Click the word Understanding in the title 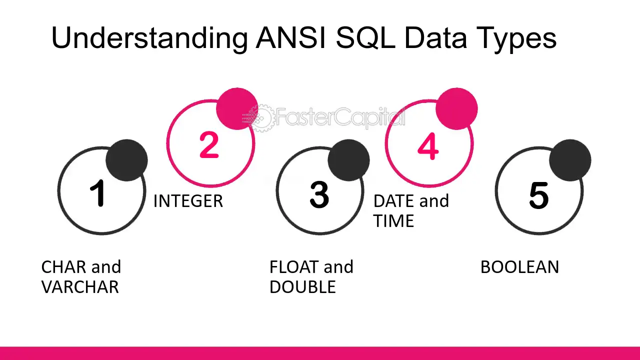pyautogui.click(x=149, y=38)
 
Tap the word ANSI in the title pyautogui.click(x=291, y=37)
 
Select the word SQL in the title pyautogui.click(x=365, y=37)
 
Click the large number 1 pyautogui.click(x=97, y=193)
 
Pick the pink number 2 pyautogui.click(x=209, y=145)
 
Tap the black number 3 pyautogui.click(x=319, y=194)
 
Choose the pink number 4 pyautogui.click(x=428, y=146)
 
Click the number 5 pyautogui.click(x=539, y=195)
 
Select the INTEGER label pyautogui.click(x=188, y=201)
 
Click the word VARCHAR pyautogui.click(x=80, y=287)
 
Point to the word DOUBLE pyautogui.click(x=302, y=287)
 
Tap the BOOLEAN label pyautogui.click(x=519, y=267)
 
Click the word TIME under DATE pyautogui.click(x=393, y=221)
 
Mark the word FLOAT pyautogui.click(x=294, y=267)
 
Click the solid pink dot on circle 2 pyautogui.click(x=237, y=109)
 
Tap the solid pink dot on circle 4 pyautogui.click(x=456, y=109)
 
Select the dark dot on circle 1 pyautogui.click(x=127, y=160)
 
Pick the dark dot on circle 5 pyautogui.click(x=570, y=160)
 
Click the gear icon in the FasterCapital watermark pyautogui.click(x=260, y=117)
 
